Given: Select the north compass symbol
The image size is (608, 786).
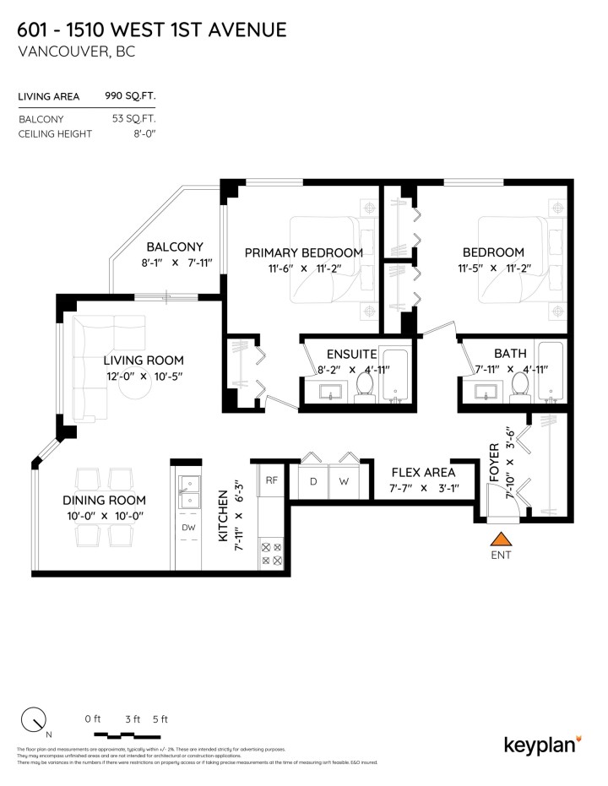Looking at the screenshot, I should [34, 720].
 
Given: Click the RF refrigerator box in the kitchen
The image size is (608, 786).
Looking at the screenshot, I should [272, 480].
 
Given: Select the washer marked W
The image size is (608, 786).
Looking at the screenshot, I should [344, 482].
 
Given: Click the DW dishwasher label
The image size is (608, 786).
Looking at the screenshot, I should [187, 529].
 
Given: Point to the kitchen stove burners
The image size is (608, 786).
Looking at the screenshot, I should [272, 553].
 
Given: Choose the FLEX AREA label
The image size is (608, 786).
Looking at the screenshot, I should [422, 472].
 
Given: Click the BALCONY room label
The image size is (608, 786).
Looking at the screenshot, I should [175, 247].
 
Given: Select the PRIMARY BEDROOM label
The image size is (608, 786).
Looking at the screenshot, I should [303, 252].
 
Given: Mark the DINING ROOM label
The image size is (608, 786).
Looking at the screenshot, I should [105, 499].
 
